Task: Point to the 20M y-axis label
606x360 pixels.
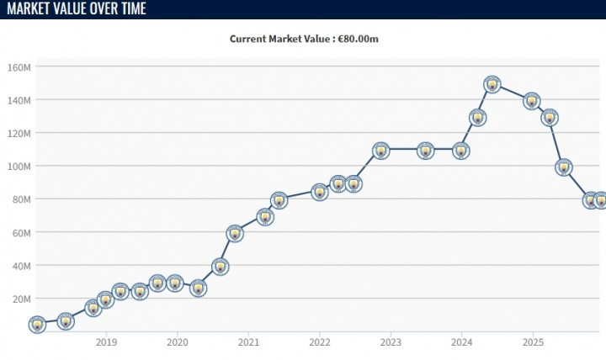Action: [19, 299]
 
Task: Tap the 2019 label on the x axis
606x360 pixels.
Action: [106, 342]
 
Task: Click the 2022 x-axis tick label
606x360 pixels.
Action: [319, 342]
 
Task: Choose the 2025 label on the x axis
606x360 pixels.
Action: [532, 342]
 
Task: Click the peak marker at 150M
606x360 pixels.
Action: [492, 84]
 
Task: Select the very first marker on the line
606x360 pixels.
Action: [37, 324]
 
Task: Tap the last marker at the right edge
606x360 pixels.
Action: [600, 200]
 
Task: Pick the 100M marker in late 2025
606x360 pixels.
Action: [564, 167]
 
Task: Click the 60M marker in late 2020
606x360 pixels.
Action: [235, 233]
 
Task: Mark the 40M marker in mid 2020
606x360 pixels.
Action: [221, 267]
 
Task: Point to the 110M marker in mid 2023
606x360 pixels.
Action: [426, 151]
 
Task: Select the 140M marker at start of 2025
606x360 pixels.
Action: [532, 101]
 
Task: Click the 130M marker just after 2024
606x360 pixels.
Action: [478, 118]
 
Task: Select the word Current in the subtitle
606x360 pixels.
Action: [248, 39]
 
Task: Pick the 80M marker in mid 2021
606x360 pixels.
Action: [279, 200]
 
